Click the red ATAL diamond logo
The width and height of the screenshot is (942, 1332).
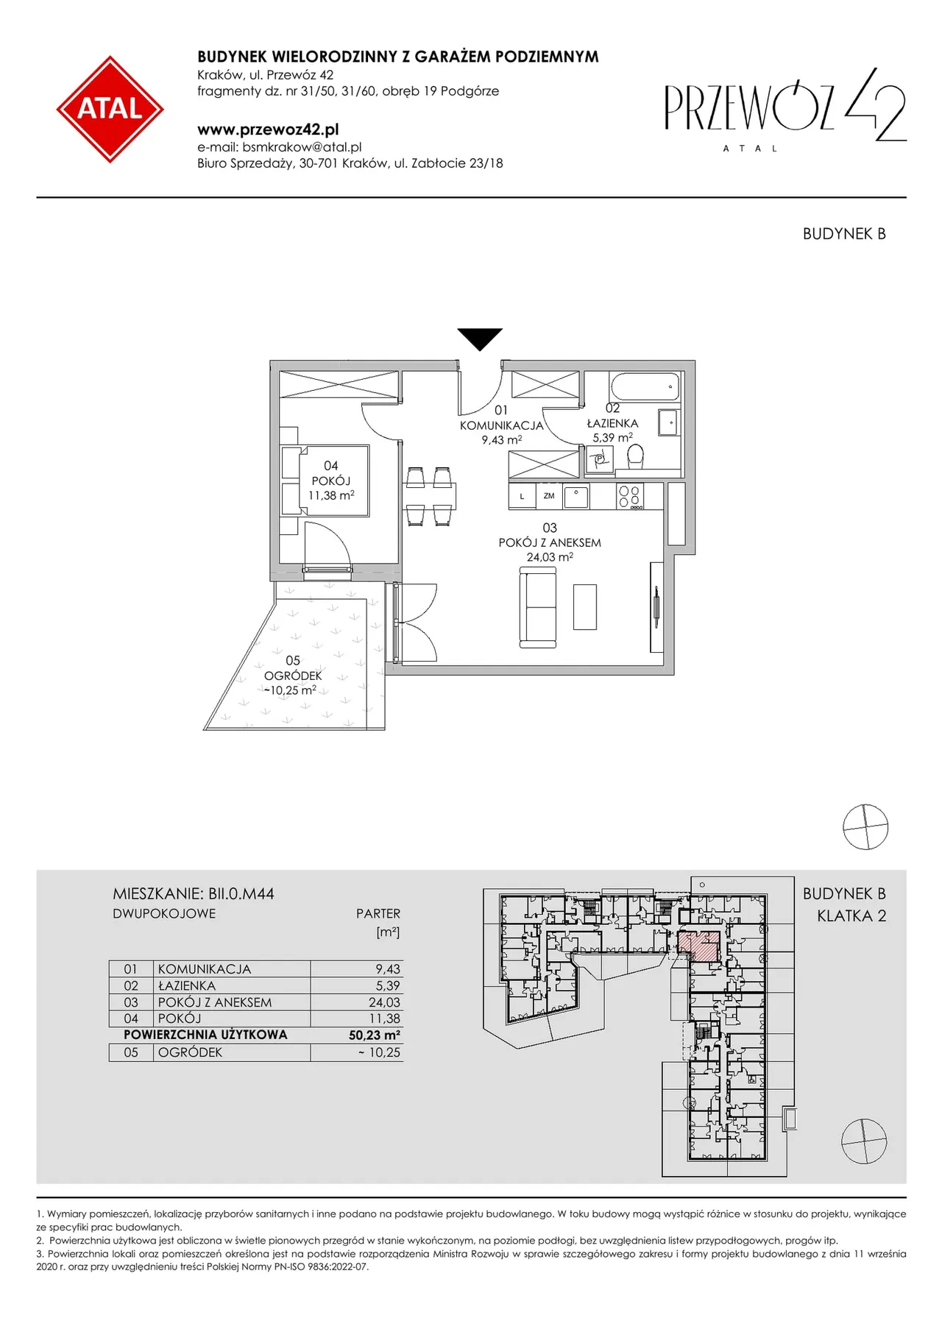coord(110,109)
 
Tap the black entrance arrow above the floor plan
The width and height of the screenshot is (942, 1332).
coord(480,339)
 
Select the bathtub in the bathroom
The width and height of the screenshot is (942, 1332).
coord(645,386)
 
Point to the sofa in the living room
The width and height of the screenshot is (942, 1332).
coord(538,608)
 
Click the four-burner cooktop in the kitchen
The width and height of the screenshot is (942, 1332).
coord(631,496)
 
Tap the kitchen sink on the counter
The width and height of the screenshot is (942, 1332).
coord(576,496)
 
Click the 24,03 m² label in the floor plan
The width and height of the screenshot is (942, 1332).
coord(550,557)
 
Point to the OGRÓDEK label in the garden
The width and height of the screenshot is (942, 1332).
coord(293,676)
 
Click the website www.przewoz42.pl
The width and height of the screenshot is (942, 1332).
coord(268,130)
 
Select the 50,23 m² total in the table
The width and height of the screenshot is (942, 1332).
coord(375,1035)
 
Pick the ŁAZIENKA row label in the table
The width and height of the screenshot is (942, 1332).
coord(187,985)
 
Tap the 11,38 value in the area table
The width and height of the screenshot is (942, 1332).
coord(385,1019)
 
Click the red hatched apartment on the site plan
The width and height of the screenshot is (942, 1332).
coord(698,945)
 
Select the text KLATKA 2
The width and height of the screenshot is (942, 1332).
coord(851,916)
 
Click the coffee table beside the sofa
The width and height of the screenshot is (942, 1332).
coord(585,606)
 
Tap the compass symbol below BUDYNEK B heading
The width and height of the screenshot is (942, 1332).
coord(865,827)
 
